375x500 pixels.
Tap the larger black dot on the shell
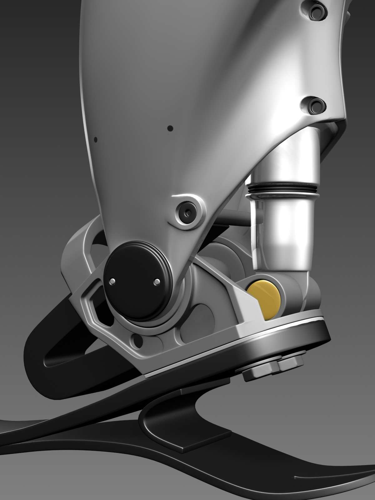tap(170, 128)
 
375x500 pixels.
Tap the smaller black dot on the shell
tap(96, 139)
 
